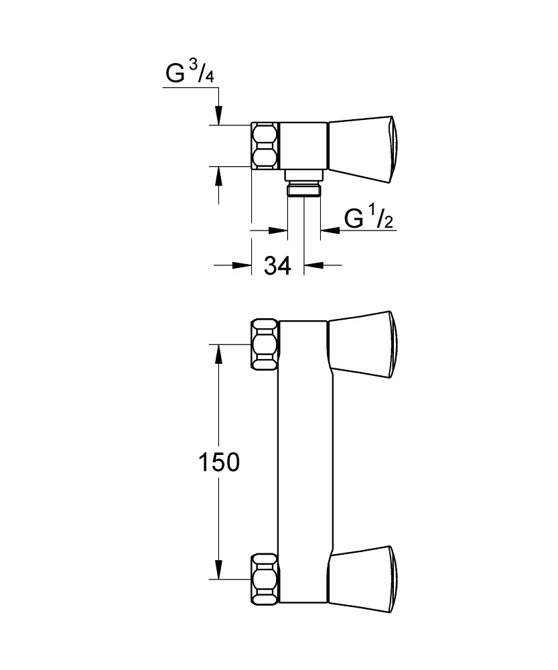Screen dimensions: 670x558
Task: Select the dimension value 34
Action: pos(277,266)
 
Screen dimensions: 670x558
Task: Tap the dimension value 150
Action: pos(217,462)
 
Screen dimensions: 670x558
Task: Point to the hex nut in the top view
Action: pos(265,146)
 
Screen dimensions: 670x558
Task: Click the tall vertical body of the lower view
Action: pos(303,462)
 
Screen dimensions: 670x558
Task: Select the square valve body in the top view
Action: pos(303,146)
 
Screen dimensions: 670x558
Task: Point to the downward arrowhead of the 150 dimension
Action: pos(217,569)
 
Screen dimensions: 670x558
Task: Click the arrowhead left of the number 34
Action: pos(242,265)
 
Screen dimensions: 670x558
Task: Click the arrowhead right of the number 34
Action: pos(313,265)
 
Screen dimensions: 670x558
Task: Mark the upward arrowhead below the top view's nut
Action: pos(217,175)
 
